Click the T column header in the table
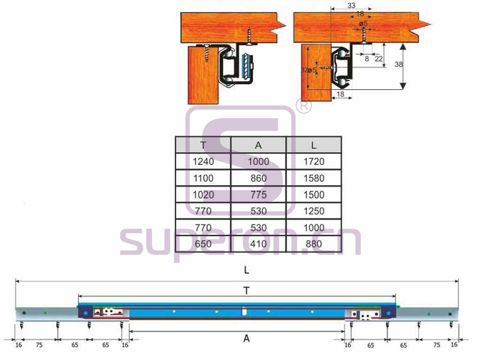click(x=203, y=145)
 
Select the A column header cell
click(x=258, y=145)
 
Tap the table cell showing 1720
click(x=313, y=161)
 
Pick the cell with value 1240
click(x=203, y=161)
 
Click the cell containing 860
click(x=258, y=178)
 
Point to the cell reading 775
click(x=258, y=194)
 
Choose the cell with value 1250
click(x=313, y=211)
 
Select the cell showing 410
click(x=258, y=244)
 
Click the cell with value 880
click(x=313, y=244)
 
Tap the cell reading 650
click(x=203, y=244)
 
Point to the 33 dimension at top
click(x=351, y=6)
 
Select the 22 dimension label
click(x=378, y=59)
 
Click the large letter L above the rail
click(x=246, y=270)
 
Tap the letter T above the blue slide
click(x=246, y=290)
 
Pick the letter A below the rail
click(x=246, y=338)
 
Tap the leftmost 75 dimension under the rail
click(x=39, y=345)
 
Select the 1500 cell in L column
click(x=313, y=194)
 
